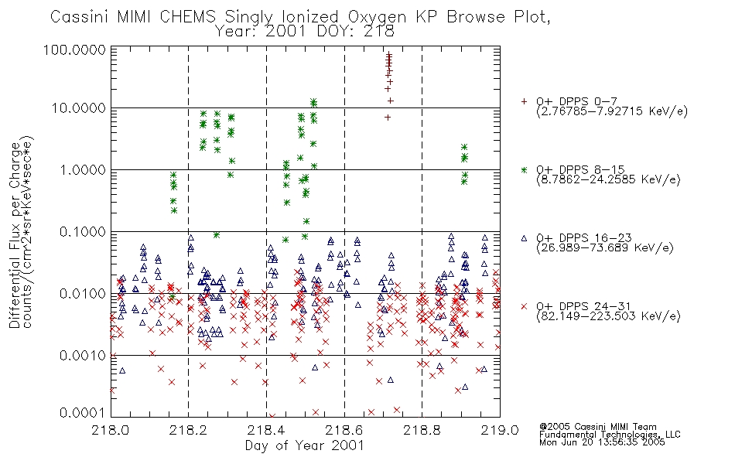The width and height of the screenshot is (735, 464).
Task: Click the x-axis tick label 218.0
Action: (x=110, y=430)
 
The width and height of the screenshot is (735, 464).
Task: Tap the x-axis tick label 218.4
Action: (x=266, y=430)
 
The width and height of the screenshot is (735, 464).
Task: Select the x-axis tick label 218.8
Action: (x=422, y=430)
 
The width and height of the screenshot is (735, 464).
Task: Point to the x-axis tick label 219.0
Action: (x=500, y=430)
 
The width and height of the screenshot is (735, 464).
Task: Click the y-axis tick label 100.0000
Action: (x=74, y=49)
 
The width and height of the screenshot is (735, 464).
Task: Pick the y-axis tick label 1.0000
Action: (x=83, y=169)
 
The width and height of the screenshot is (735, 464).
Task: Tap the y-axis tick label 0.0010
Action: (x=83, y=355)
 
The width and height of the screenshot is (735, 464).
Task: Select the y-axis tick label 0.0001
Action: (x=83, y=413)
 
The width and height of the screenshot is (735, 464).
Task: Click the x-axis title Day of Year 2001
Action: (x=305, y=445)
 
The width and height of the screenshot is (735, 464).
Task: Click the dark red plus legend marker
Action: (x=524, y=101)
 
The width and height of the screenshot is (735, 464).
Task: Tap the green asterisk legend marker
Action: (x=524, y=169)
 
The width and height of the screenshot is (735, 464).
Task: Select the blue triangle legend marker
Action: (x=524, y=238)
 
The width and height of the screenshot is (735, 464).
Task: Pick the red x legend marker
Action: (x=524, y=306)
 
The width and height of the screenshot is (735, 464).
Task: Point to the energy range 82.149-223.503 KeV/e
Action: (x=608, y=316)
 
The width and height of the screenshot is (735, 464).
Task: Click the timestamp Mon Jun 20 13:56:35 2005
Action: (x=602, y=442)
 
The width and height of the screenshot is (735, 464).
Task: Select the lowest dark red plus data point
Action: (x=388, y=118)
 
